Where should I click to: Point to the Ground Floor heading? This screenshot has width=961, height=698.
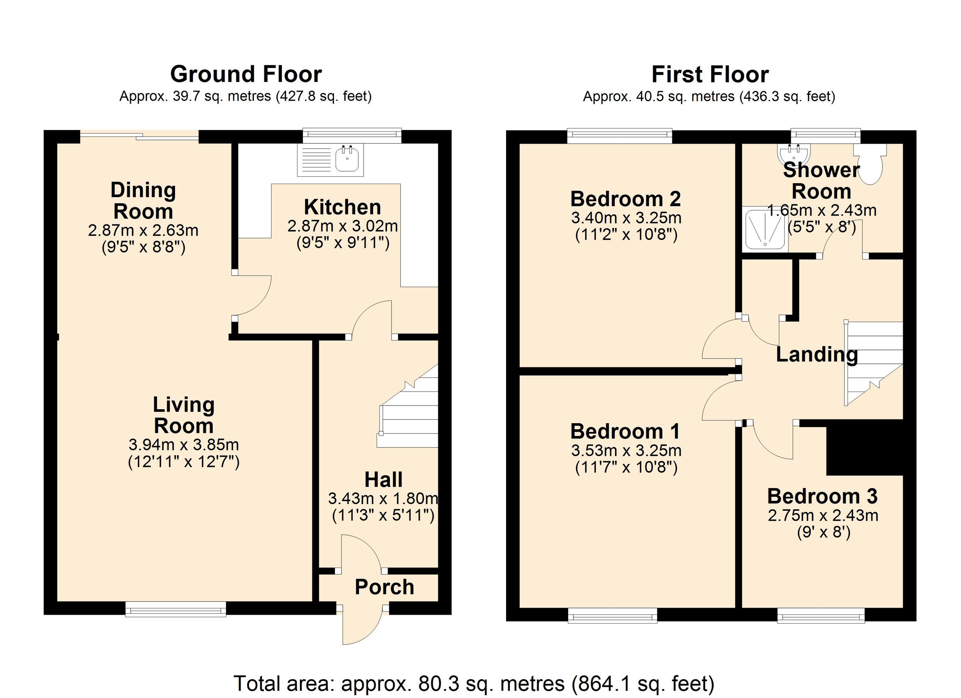point(246,74)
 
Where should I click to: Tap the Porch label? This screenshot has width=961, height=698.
point(384,587)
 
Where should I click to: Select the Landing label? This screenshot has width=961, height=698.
point(816,354)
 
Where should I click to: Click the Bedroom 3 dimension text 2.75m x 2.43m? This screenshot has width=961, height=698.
point(822,516)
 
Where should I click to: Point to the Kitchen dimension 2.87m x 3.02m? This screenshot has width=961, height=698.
point(342,226)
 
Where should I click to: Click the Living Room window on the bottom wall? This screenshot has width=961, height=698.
point(176,610)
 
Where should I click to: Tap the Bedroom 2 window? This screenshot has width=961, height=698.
point(619,135)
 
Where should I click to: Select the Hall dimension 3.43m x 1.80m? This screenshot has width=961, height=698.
point(383,499)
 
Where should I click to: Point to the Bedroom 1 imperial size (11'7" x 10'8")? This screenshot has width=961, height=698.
point(626,467)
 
